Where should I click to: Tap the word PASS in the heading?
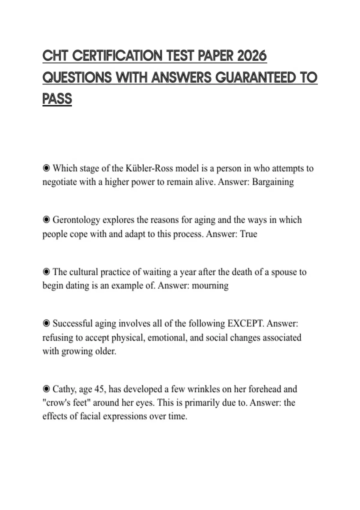57,99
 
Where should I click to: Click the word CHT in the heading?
55,56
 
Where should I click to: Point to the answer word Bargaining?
273,182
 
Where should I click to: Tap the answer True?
248,234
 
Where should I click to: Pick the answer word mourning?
210,285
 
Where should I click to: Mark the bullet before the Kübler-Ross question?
46,168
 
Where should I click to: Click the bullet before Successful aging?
46,323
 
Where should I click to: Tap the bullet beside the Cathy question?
46,389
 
